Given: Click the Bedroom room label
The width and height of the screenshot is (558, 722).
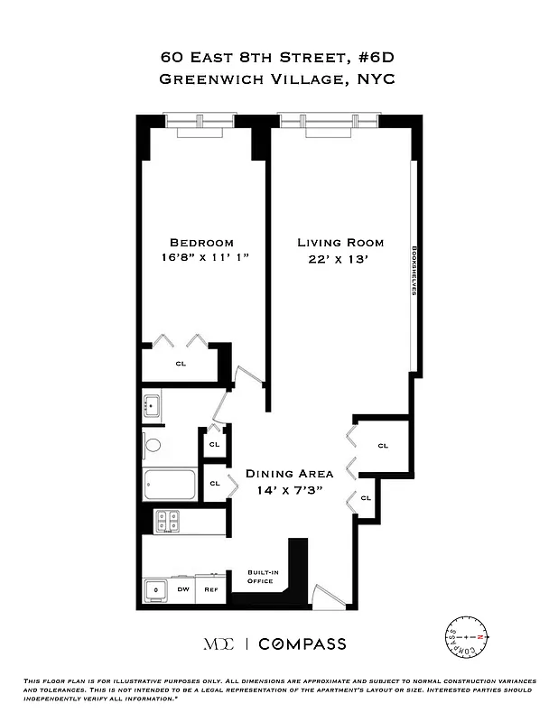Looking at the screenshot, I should pyautogui.click(x=201, y=242).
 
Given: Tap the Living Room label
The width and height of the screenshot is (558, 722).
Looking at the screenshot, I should pyautogui.click(x=340, y=242).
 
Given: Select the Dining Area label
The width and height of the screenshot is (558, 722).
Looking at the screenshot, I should pyautogui.click(x=290, y=474).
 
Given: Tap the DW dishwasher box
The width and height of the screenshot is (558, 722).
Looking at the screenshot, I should pyautogui.click(x=182, y=589).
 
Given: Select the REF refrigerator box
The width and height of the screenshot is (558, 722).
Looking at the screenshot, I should pyautogui.click(x=210, y=589).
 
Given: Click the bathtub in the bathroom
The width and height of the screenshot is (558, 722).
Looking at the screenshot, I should pyautogui.click(x=171, y=485).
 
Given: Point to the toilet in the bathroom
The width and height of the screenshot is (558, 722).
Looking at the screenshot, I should pyautogui.click(x=153, y=444).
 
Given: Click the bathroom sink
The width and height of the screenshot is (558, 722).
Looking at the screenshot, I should pyautogui.click(x=152, y=404).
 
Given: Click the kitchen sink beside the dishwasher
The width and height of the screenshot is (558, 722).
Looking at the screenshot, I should pyautogui.click(x=156, y=590).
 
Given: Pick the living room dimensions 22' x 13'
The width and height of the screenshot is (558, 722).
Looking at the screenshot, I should pyautogui.click(x=340, y=258).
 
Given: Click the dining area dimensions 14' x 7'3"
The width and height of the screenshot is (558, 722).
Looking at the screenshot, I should pyautogui.click(x=290, y=489).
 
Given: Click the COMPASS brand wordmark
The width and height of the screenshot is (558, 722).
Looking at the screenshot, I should pyautogui.click(x=302, y=643).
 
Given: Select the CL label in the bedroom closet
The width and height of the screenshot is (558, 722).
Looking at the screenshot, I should pyautogui.click(x=181, y=364).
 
